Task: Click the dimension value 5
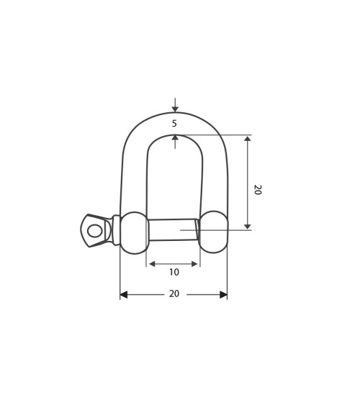174,124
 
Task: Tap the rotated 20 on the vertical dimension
257,189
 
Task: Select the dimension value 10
174,273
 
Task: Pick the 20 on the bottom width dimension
174,294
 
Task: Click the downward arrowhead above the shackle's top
175,109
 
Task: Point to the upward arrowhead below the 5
175,137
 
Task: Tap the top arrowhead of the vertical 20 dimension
248,138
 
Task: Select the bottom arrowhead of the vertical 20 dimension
248,227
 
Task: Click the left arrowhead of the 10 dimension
151,264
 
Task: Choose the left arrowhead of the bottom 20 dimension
123,294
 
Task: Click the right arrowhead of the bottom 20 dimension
224,294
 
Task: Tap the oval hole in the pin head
95,231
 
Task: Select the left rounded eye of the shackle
134,232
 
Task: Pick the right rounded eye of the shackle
213,232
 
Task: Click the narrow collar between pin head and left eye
116,230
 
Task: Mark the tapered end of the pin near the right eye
197,229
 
